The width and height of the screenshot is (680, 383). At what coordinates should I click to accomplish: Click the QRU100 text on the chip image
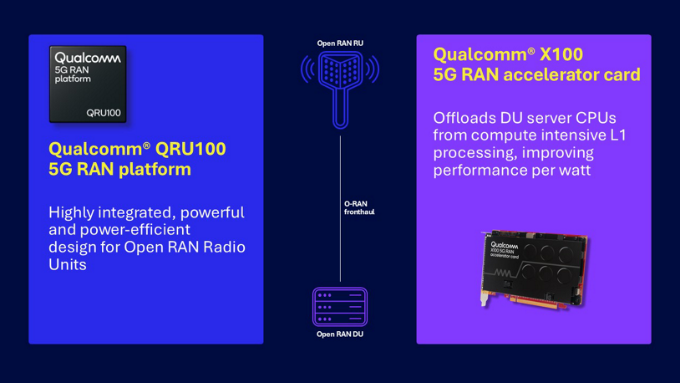pyautogui.click(x=104, y=113)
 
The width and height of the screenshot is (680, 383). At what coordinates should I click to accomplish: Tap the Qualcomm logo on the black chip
pyautogui.click(x=88, y=59)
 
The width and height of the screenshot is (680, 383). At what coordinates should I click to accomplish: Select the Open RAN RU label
pyautogui.click(x=340, y=43)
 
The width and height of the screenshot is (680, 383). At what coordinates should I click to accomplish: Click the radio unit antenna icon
pyautogui.click(x=340, y=84)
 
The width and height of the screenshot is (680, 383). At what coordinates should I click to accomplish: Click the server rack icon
pyautogui.click(x=340, y=307)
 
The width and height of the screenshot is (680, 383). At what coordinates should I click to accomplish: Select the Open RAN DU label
pyautogui.click(x=340, y=334)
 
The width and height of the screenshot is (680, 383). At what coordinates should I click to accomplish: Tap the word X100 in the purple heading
pyautogui.click(x=561, y=55)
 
